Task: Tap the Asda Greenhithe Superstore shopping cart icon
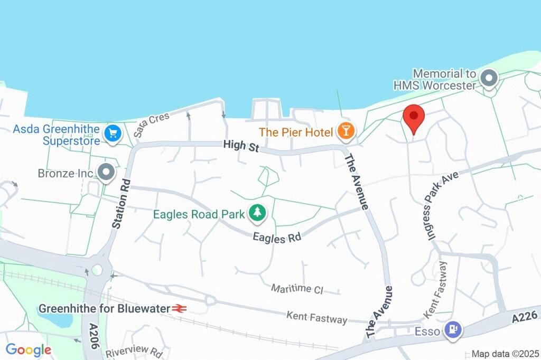pyautogui.click(x=112, y=133)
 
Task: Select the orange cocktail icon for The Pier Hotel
pyautogui.click(x=346, y=131)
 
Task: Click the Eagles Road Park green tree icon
pyautogui.click(x=257, y=213)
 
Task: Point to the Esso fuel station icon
pyautogui.click(x=453, y=330)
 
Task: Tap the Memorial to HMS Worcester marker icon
pyautogui.click(x=489, y=80)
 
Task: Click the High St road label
pyautogui.click(x=241, y=146)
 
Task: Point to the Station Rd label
pyautogui.click(x=121, y=203)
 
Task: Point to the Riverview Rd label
pyautogui.click(x=134, y=352)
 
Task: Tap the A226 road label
pyautogui.click(x=525, y=317)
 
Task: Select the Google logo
pyautogui.click(x=29, y=349)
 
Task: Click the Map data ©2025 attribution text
pyautogui.click(x=505, y=354)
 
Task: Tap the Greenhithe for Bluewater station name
pyautogui.click(x=104, y=308)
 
